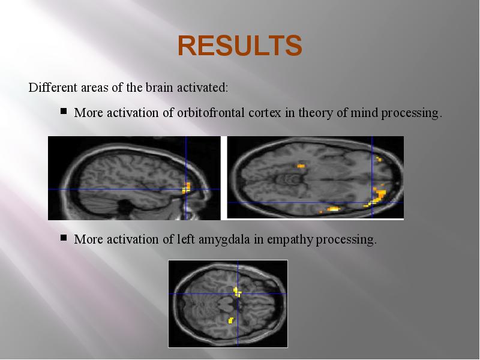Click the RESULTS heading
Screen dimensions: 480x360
240,46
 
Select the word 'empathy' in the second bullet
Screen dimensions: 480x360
290,239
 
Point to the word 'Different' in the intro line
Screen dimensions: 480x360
53,87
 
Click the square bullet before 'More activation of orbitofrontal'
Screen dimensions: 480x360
64,111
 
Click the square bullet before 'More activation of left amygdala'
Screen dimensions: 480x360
64,238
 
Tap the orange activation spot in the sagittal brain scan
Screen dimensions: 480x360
186,188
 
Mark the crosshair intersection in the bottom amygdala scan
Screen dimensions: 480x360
238,293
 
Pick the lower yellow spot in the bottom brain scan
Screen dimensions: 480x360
231,320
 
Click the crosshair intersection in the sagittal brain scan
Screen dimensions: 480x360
186,189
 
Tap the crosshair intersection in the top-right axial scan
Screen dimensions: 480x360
372,202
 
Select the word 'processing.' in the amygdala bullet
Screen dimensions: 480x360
346,239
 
